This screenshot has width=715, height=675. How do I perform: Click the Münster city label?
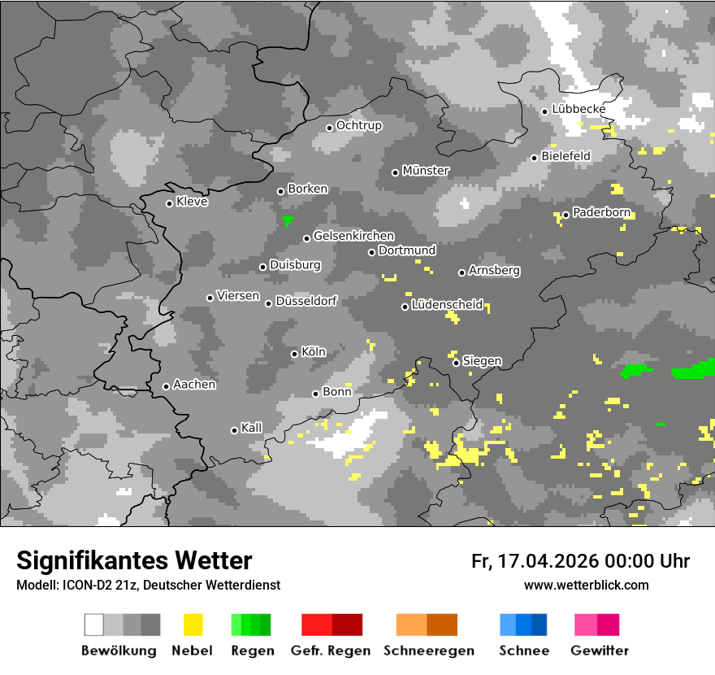[426, 171]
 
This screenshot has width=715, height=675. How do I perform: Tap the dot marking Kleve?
[169, 203]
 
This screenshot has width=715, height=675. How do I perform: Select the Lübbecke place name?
[578, 109]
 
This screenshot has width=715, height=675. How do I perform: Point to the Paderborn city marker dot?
[565, 215]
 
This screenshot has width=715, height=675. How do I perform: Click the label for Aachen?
[194, 385]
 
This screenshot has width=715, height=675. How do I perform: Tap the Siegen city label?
[482, 361]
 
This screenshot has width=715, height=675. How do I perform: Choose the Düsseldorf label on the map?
[306, 301]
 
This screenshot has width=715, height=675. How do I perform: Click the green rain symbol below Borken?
[287, 220]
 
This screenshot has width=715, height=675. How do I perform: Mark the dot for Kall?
[234, 430]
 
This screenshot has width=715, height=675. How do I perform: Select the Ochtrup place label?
[359, 126]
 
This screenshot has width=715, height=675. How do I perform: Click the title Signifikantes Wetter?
[134, 560]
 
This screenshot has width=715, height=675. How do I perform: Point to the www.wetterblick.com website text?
[587, 586]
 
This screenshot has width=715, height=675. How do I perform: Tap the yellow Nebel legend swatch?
[193, 625]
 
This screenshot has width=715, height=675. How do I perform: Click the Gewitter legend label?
[600, 651]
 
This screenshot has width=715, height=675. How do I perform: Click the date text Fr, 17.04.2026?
[534, 561]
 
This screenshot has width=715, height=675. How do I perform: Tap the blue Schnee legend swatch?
[523, 625]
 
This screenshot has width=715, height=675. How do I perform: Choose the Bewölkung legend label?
[119, 651]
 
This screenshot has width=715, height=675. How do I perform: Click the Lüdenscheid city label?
[447, 305]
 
